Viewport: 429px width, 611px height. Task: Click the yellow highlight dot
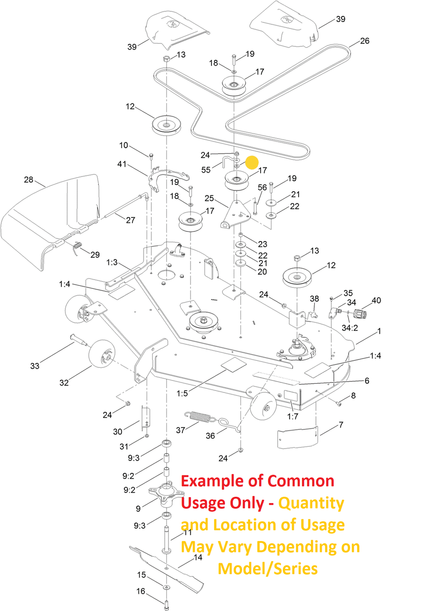point(252,162)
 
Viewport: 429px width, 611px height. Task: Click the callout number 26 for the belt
point(364,41)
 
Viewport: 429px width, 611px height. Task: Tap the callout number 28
point(28,180)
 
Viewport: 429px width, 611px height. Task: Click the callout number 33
point(35,366)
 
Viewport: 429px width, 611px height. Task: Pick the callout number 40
point(376,300)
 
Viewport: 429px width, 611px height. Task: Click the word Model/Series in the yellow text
point(268,569)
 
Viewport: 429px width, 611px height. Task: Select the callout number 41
point(122,164)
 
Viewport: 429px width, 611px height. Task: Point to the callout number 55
point(206,170)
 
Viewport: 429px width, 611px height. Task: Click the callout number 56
point(262,187)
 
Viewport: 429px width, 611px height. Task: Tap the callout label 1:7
point(292,416)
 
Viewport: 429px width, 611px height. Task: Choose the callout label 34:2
point(350,328)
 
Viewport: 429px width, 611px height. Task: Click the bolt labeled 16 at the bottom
point(166,605)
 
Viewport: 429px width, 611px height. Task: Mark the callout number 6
point(367,380)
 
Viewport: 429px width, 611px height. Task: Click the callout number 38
point(314,298)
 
